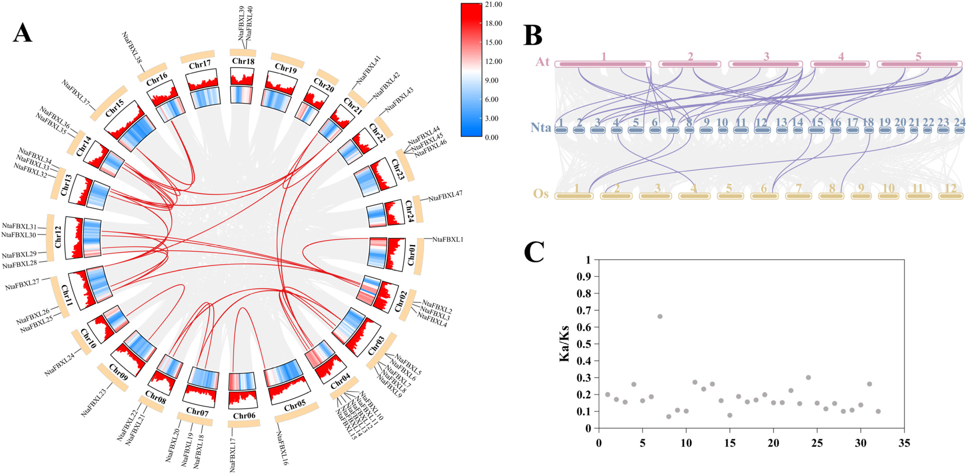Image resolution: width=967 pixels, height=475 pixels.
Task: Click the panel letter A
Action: [23, 33]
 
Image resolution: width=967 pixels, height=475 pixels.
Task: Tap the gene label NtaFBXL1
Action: [447, 239]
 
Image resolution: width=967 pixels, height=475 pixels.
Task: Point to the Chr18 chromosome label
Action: [243, 61]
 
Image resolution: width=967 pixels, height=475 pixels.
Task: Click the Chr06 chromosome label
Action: [244, 416]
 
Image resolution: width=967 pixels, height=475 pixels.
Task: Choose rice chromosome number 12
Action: [951, 188]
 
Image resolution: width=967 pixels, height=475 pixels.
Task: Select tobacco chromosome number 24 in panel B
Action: [959, 122]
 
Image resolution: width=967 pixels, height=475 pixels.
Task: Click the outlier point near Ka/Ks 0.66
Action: [660, 317]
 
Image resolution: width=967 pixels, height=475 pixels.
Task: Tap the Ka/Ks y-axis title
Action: [564, 344]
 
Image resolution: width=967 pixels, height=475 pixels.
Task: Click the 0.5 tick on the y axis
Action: [583, 344]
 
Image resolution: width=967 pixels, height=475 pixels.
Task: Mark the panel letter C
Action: [534, 252]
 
